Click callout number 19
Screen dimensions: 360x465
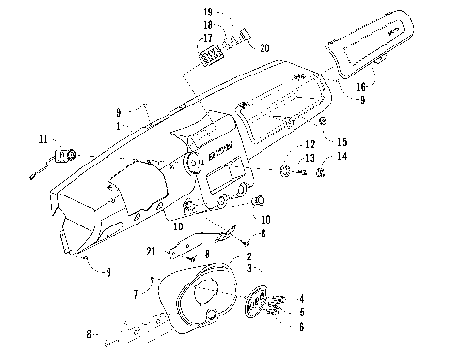point(208,12)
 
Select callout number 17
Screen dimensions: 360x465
point(207,40)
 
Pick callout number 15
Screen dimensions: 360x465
point(342,142)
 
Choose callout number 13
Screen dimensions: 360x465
point(309,158)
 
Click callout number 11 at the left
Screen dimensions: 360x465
point(42,141)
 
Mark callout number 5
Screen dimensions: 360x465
point(302,313)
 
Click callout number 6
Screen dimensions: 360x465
point(302,327)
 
